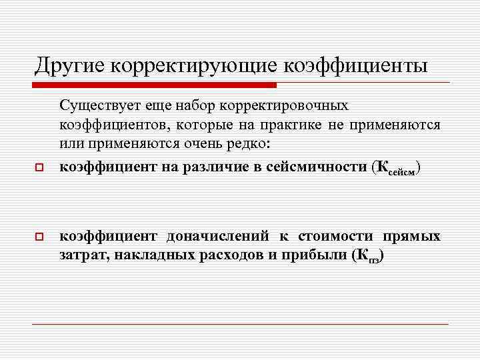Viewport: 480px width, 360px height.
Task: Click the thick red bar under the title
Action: (x=154, y=85)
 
